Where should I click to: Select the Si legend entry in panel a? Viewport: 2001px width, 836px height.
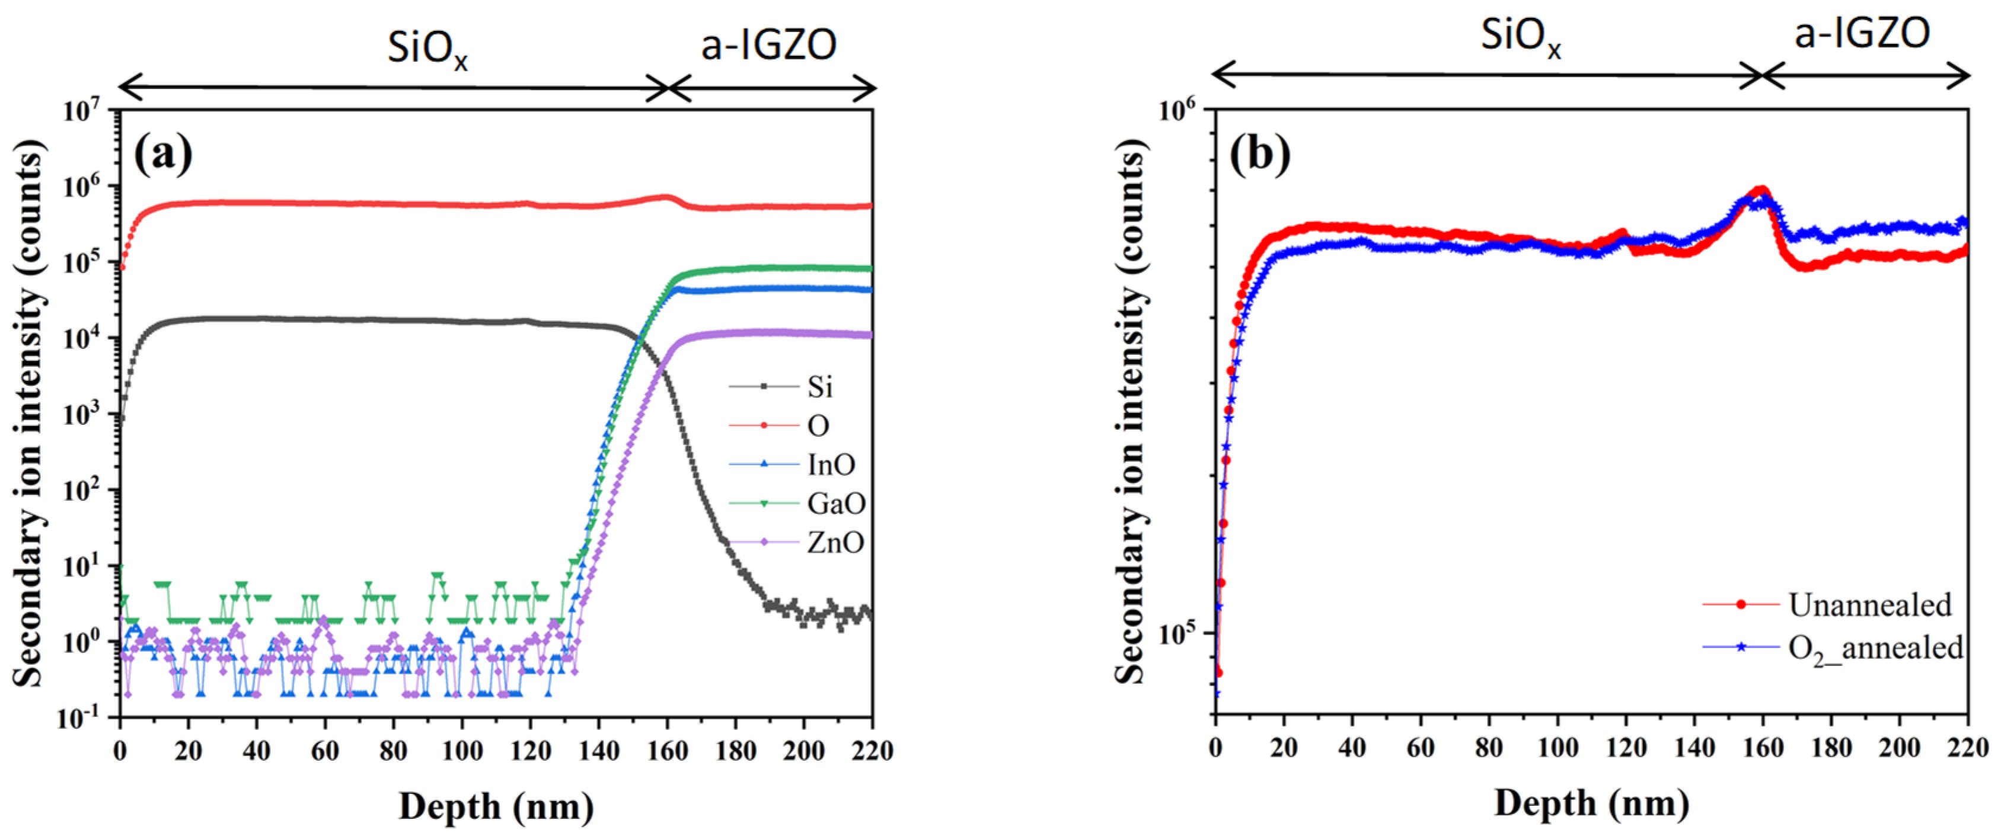tap(819, 386)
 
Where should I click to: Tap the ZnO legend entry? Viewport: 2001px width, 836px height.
tap(835, 543)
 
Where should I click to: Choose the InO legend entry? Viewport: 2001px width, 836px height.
tap(831, 465)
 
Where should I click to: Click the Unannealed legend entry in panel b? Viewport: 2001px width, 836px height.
tap(1869, 605)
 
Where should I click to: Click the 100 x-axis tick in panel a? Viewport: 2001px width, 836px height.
tap(461, 751)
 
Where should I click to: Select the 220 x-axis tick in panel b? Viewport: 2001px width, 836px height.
tap(1967, 748)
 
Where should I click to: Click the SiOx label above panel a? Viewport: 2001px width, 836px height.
tap(427, 48)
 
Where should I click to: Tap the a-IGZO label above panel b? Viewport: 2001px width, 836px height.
tap(1861, 34)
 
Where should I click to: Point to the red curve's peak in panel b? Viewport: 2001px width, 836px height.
tap(1760, 188)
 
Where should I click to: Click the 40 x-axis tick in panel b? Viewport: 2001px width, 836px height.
tap(1352, 748)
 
